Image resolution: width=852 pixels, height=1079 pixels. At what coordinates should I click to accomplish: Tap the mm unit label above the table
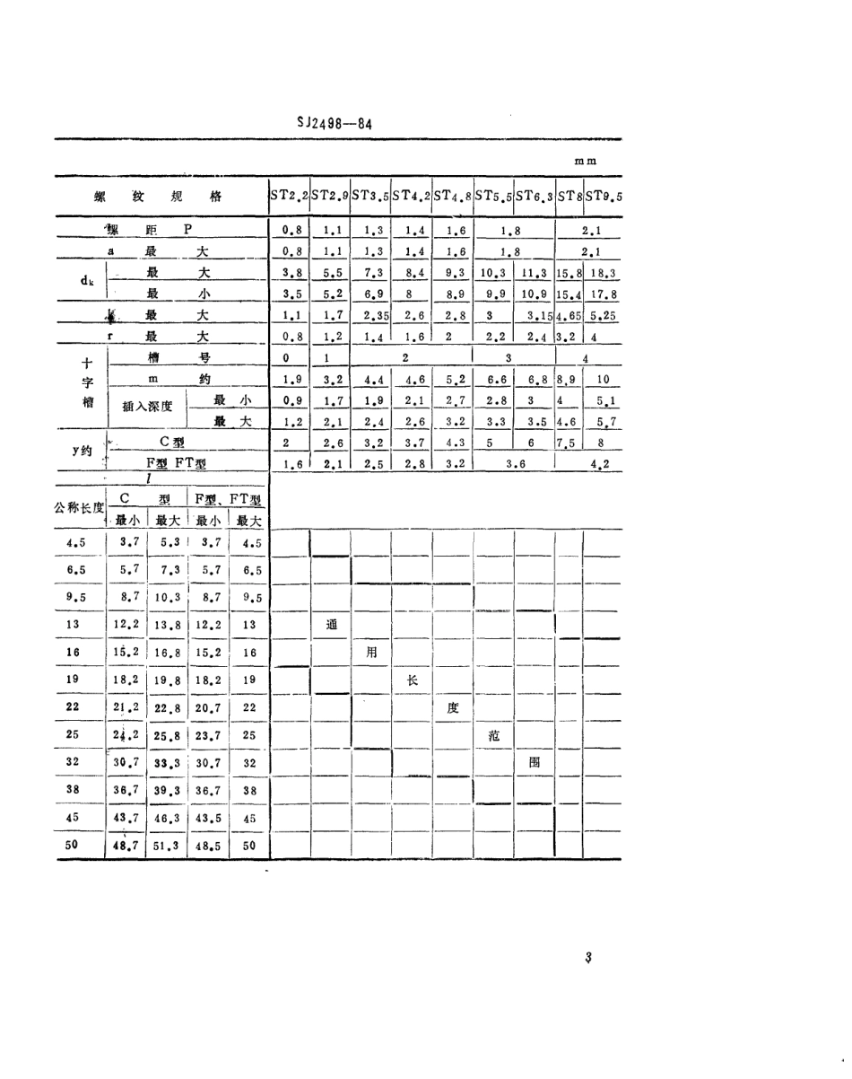(x=587, y=162)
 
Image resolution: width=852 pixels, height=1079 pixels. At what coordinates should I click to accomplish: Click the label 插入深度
(x=148, y=406)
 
